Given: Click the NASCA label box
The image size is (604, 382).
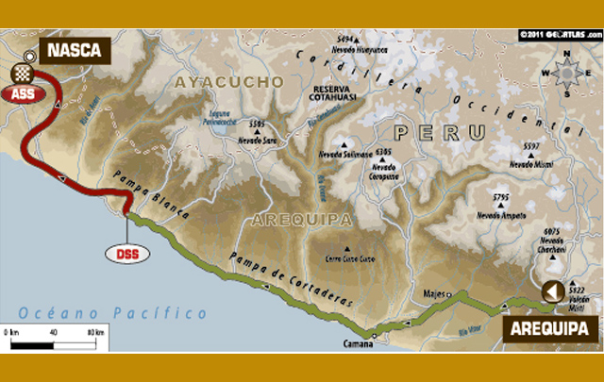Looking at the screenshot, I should tap(73, 50).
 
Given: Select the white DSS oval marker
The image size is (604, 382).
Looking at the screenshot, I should tap(127, 253).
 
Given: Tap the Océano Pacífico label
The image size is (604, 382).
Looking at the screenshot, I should tap(112, 312).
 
